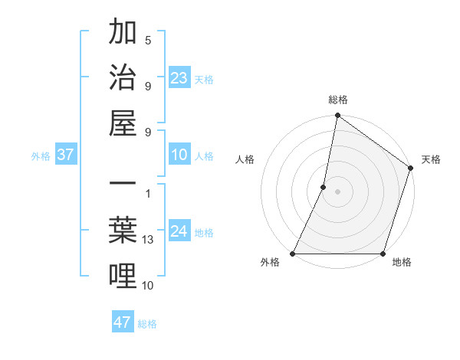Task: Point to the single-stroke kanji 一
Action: pos(123,186)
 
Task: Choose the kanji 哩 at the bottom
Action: pos(123,277)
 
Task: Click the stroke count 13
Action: pos(148,240)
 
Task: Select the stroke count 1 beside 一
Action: pos(148,194)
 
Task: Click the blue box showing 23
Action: pos(179,77)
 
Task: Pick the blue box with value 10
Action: pos(179,155)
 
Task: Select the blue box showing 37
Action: pos(65,155)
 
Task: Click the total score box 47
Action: pos(122,322)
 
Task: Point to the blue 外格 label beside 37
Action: pos(41,155)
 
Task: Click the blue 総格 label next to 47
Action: pos(147,323)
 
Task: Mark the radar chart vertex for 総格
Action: pos(337,116)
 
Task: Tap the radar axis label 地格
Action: pos(402,263)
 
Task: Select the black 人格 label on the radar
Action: pos(245,160)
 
